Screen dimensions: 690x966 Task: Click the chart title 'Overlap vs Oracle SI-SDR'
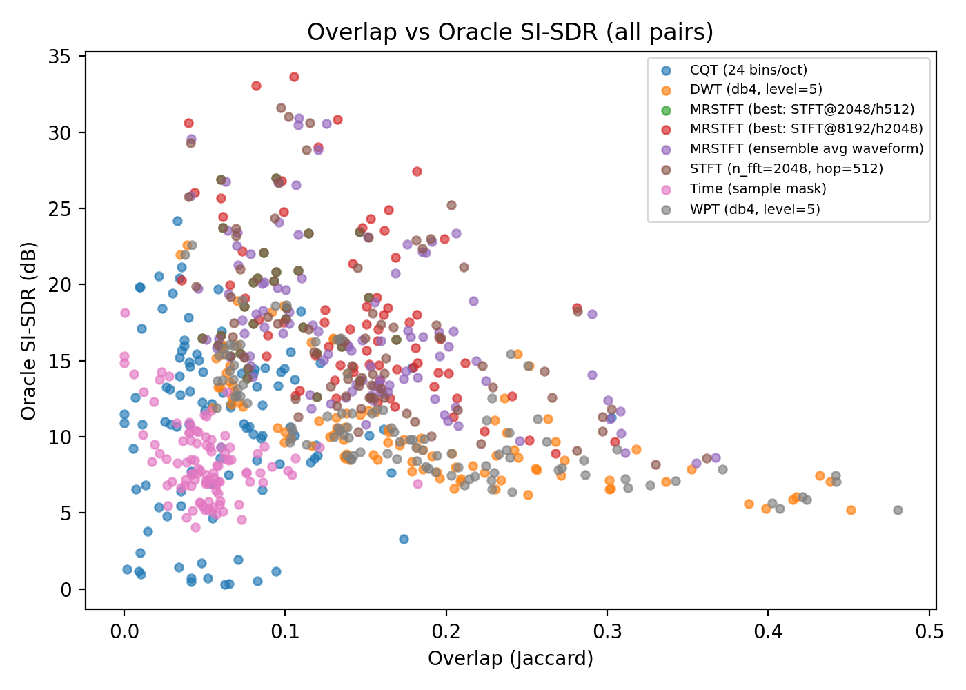coord(510,32)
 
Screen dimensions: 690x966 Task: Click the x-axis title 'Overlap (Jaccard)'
coord(510,658)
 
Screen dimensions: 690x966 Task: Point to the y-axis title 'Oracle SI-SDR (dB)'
coord(28,331)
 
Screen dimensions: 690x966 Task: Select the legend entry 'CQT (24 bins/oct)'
coord(748,70)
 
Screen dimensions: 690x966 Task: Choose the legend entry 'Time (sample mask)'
coord(758,188)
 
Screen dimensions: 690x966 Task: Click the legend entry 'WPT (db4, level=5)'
coord(755,208)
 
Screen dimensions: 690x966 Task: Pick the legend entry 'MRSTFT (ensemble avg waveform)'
coord(806,149)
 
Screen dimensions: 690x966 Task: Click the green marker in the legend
coord(666,110)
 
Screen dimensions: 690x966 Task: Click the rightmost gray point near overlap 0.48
coord(898,510)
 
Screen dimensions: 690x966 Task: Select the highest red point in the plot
coord(294,77)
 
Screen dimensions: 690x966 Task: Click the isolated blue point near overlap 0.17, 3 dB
coord(404,539)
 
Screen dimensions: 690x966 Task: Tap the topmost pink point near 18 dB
coord(125,313)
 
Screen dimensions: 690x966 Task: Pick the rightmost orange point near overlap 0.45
coord(851,510)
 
